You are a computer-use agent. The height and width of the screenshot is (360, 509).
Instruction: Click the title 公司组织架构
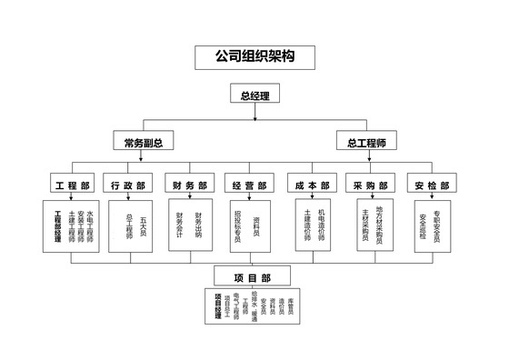(254, 56)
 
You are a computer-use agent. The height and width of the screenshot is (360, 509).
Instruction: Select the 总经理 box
(254, 95)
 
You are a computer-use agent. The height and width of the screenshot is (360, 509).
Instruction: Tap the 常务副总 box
(144, 143)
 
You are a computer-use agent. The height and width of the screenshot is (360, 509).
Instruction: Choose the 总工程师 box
(366, 143)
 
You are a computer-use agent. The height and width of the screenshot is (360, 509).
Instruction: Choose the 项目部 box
(251, 276)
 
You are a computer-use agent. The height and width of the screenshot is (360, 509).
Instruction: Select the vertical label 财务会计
(181, 225)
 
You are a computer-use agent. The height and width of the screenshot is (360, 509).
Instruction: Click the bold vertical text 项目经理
(218, 305)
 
